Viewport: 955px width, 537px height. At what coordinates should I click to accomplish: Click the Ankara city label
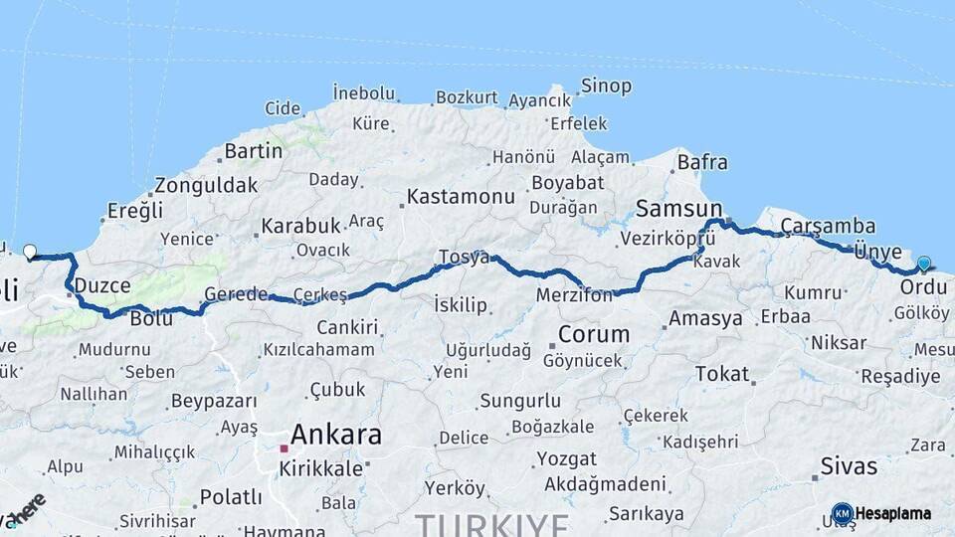tap(335, 435)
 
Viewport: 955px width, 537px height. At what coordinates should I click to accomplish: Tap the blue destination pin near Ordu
tap(924, 264)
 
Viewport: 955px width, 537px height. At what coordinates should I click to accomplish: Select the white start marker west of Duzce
tap(29, 253)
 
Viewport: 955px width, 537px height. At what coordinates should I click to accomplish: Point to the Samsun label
tap(678, 208)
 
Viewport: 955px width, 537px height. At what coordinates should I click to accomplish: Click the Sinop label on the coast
tap(606, 87)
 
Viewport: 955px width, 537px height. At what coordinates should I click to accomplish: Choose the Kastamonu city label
tap(462, 196)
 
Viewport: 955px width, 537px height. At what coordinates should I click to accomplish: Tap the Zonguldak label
tap(205, 185)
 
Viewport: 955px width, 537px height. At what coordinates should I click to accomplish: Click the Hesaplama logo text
tap(892, 513)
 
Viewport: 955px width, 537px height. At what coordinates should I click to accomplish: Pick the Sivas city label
tap(850, 465)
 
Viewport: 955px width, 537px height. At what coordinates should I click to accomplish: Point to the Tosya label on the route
tap(465, 258)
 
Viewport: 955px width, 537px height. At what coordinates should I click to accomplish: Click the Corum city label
tap(594, 334)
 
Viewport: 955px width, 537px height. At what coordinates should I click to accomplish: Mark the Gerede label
tap(236, 294)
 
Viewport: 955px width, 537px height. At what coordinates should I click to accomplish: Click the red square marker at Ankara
tap(284, 448)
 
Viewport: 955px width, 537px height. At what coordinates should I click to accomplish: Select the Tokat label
tap(722, 374)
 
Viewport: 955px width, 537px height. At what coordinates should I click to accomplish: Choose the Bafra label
tap(702, 162)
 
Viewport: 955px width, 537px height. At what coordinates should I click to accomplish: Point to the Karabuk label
tap(300, 226)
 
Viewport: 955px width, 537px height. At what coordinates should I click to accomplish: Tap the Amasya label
tap(706, 319)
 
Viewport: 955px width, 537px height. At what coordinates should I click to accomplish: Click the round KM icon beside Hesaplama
tap(842, 513)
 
